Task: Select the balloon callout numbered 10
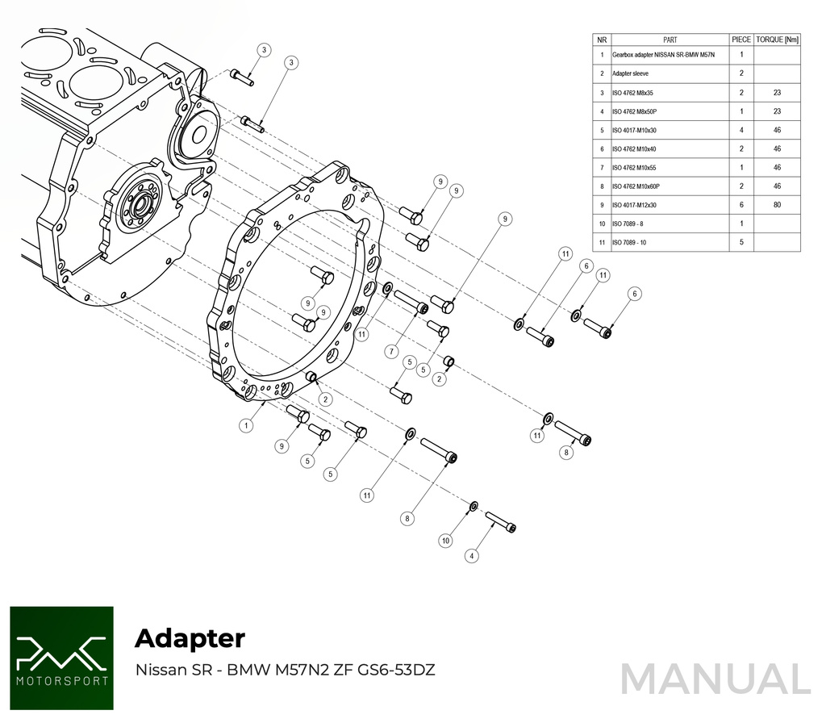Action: click(445, 541)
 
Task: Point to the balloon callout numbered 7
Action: click(392, 351)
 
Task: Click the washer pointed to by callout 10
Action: click(473, 506)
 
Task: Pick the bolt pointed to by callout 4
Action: click(500, 520)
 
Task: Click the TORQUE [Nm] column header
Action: click(778, 39)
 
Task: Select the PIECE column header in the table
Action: click(740, 39)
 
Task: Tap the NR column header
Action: click(602, 39)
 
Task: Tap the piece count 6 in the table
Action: click(740, 205)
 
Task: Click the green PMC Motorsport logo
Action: click(61, 658)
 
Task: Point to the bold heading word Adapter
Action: click(190, 638)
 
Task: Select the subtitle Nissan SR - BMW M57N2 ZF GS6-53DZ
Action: click(285, 670)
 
